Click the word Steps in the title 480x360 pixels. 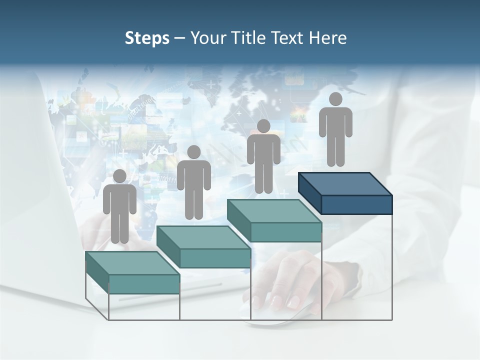pos(147,38)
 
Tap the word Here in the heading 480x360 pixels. pos(328,38)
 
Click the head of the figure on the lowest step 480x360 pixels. pos(119,176)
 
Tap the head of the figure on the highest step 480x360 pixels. pos(335,99)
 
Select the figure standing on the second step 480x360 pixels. pos(193,182)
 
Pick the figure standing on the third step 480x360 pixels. pos(263,156)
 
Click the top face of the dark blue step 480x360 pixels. pos(345,184)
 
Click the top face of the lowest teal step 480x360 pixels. pos(132,263)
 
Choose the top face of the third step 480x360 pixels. pos(273,211)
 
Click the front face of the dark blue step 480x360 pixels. pos(356,204)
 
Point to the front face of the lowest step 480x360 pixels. pos(144,284)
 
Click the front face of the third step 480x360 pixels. pos(285,232)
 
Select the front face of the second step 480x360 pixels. pos(215,258)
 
